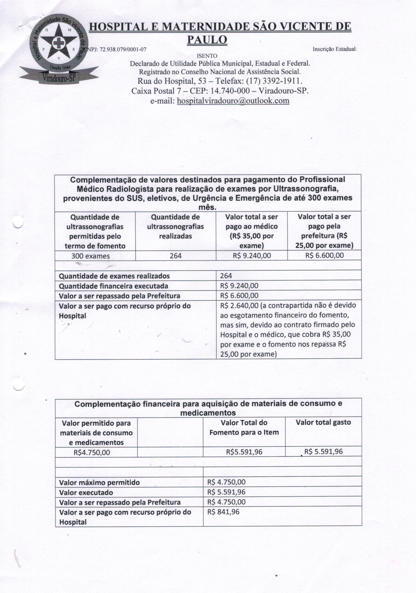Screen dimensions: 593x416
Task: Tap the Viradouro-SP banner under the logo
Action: (x=59, y=77)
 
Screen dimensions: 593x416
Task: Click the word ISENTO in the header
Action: (x=207, y=56)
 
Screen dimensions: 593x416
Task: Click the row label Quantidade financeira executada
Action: (x=113, y=286)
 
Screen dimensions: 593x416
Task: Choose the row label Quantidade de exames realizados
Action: (x=114, y=276)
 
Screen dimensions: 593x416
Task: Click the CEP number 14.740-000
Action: (x=230, y=91)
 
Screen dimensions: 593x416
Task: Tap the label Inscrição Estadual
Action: (x=334, y=49)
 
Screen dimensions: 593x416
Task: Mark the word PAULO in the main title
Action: (x=207, y=40)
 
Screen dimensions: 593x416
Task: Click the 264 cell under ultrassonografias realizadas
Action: (x=176, y=256)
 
